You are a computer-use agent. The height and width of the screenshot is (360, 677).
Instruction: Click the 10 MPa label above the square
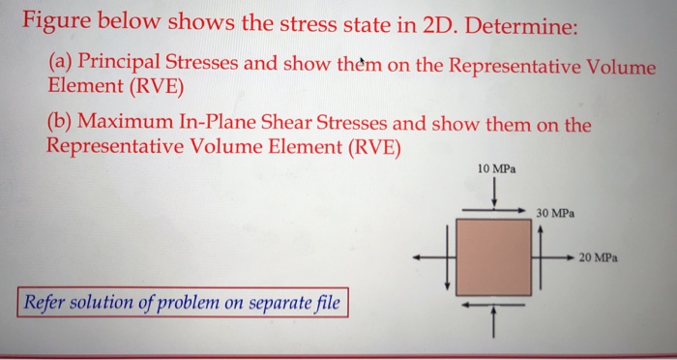point(496,169)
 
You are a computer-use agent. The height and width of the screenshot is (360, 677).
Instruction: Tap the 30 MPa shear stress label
point(557,210)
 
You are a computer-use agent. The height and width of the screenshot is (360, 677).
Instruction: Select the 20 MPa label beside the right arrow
point(600,258)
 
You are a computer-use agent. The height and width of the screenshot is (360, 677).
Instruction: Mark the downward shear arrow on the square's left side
point(448,259)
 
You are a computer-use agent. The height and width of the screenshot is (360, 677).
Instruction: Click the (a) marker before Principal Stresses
point(60,63)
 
